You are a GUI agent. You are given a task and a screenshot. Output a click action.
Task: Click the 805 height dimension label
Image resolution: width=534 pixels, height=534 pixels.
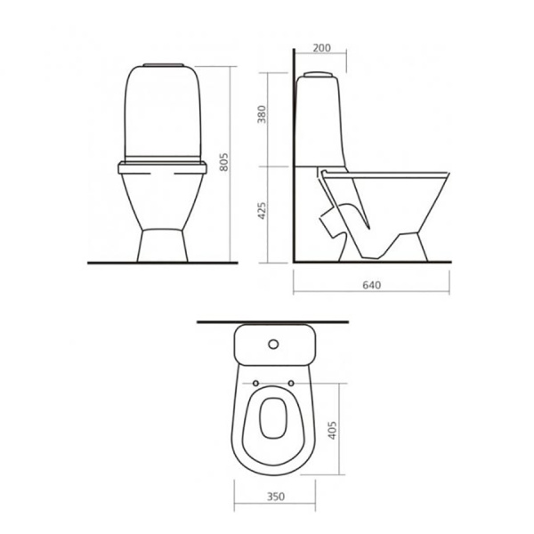223,162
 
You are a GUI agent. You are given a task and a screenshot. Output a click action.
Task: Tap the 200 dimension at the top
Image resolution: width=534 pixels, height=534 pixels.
321,48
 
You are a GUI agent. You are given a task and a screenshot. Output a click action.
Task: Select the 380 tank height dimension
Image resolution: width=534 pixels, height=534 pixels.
261,115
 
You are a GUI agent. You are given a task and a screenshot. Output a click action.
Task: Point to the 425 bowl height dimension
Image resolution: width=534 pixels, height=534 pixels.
261,210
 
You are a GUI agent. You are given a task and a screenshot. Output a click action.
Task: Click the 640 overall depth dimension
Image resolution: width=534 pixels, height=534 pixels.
371,285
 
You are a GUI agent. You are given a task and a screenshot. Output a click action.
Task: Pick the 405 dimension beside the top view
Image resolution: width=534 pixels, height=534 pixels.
332,430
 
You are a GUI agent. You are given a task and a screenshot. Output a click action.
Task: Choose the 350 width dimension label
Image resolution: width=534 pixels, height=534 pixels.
276,497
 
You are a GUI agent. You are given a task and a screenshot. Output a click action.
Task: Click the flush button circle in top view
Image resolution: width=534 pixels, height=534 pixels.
273,344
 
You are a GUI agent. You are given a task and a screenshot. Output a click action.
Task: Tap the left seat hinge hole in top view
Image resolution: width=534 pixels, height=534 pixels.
255,384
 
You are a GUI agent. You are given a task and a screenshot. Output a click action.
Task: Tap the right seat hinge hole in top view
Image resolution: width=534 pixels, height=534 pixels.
291,384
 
